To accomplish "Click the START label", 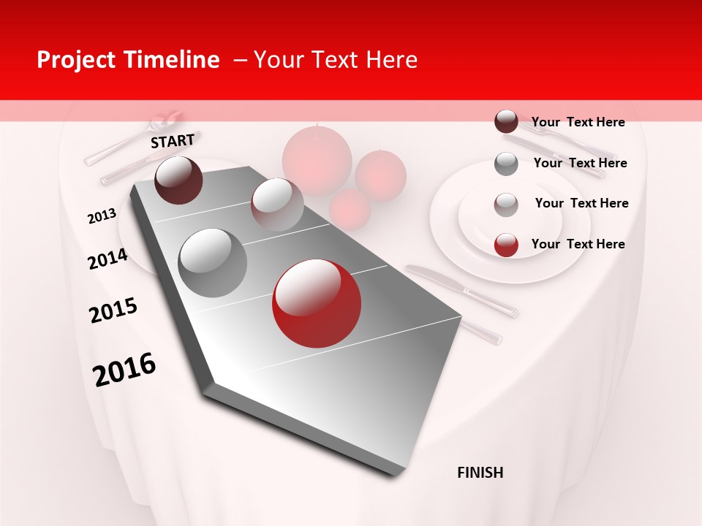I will coord(173,140).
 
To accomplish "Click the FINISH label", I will coord(480,473).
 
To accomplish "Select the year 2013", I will coord(102,216).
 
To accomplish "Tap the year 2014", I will coord(107,259).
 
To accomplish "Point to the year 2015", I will coord(113,310).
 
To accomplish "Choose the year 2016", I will coord(124,370).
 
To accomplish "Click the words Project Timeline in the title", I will coord(128,60).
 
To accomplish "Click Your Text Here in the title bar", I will coord(336,60).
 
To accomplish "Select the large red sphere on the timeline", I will coord(316,302).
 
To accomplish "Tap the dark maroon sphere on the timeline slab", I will coord(178,180).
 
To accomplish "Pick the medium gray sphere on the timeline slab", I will coord(212,262).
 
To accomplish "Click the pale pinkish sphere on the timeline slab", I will coord(276,205).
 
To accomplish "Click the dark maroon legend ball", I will coord(506,122).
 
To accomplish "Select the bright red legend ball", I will coord(506,245).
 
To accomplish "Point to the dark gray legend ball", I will coord(506,164).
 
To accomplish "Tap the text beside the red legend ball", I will coord(578,244).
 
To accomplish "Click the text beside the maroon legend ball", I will coord(578,122).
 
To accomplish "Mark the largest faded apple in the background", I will coord(317,159).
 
